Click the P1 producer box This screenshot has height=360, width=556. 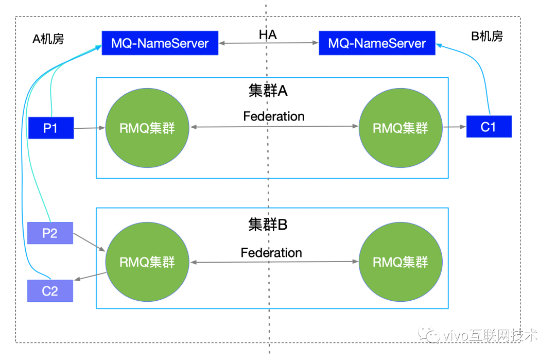click(50, 128)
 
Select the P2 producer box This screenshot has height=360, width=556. click(50, 233)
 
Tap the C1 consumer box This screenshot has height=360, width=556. click(489, 127)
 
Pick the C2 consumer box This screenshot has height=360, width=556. click(50, 291)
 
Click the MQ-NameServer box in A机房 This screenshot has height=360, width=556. click(160, 43)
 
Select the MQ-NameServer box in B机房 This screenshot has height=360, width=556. click(377, 43)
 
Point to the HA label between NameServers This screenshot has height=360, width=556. click(268, 35)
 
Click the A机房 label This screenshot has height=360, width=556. click(48, 39)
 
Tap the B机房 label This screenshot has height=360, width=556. click(487, 36)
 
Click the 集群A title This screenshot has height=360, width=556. click(268, 91)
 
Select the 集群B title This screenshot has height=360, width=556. click(268, 225)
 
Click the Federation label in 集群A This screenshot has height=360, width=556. click(273, 116)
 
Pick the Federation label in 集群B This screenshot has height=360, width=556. click(271, 253)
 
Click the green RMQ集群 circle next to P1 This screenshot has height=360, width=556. click(147, 128)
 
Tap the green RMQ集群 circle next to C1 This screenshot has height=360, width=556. click(401, 128)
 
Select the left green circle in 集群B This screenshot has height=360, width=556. click(147, 262)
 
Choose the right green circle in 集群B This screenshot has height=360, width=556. click(401, 262)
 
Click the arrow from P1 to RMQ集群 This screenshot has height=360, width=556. click(89, 128)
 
